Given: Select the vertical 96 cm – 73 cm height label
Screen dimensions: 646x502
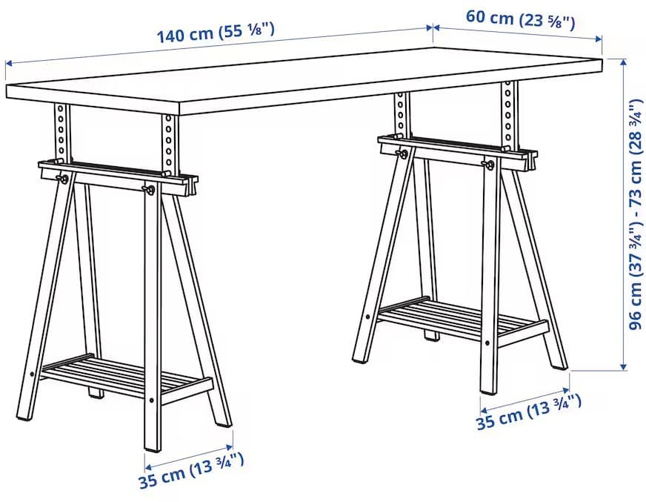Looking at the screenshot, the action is [636, 214].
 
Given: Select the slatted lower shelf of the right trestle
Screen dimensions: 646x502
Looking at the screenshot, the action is [462, 317].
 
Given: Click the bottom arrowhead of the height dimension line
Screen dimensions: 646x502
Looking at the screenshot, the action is [624, 366].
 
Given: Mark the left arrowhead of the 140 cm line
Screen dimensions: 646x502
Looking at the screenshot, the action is [9, 63].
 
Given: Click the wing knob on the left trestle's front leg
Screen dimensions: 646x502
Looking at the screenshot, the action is [150, 189].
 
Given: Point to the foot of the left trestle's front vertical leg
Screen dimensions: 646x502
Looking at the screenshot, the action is [152, 446].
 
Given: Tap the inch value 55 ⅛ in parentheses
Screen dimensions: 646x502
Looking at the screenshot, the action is [247, 30].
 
